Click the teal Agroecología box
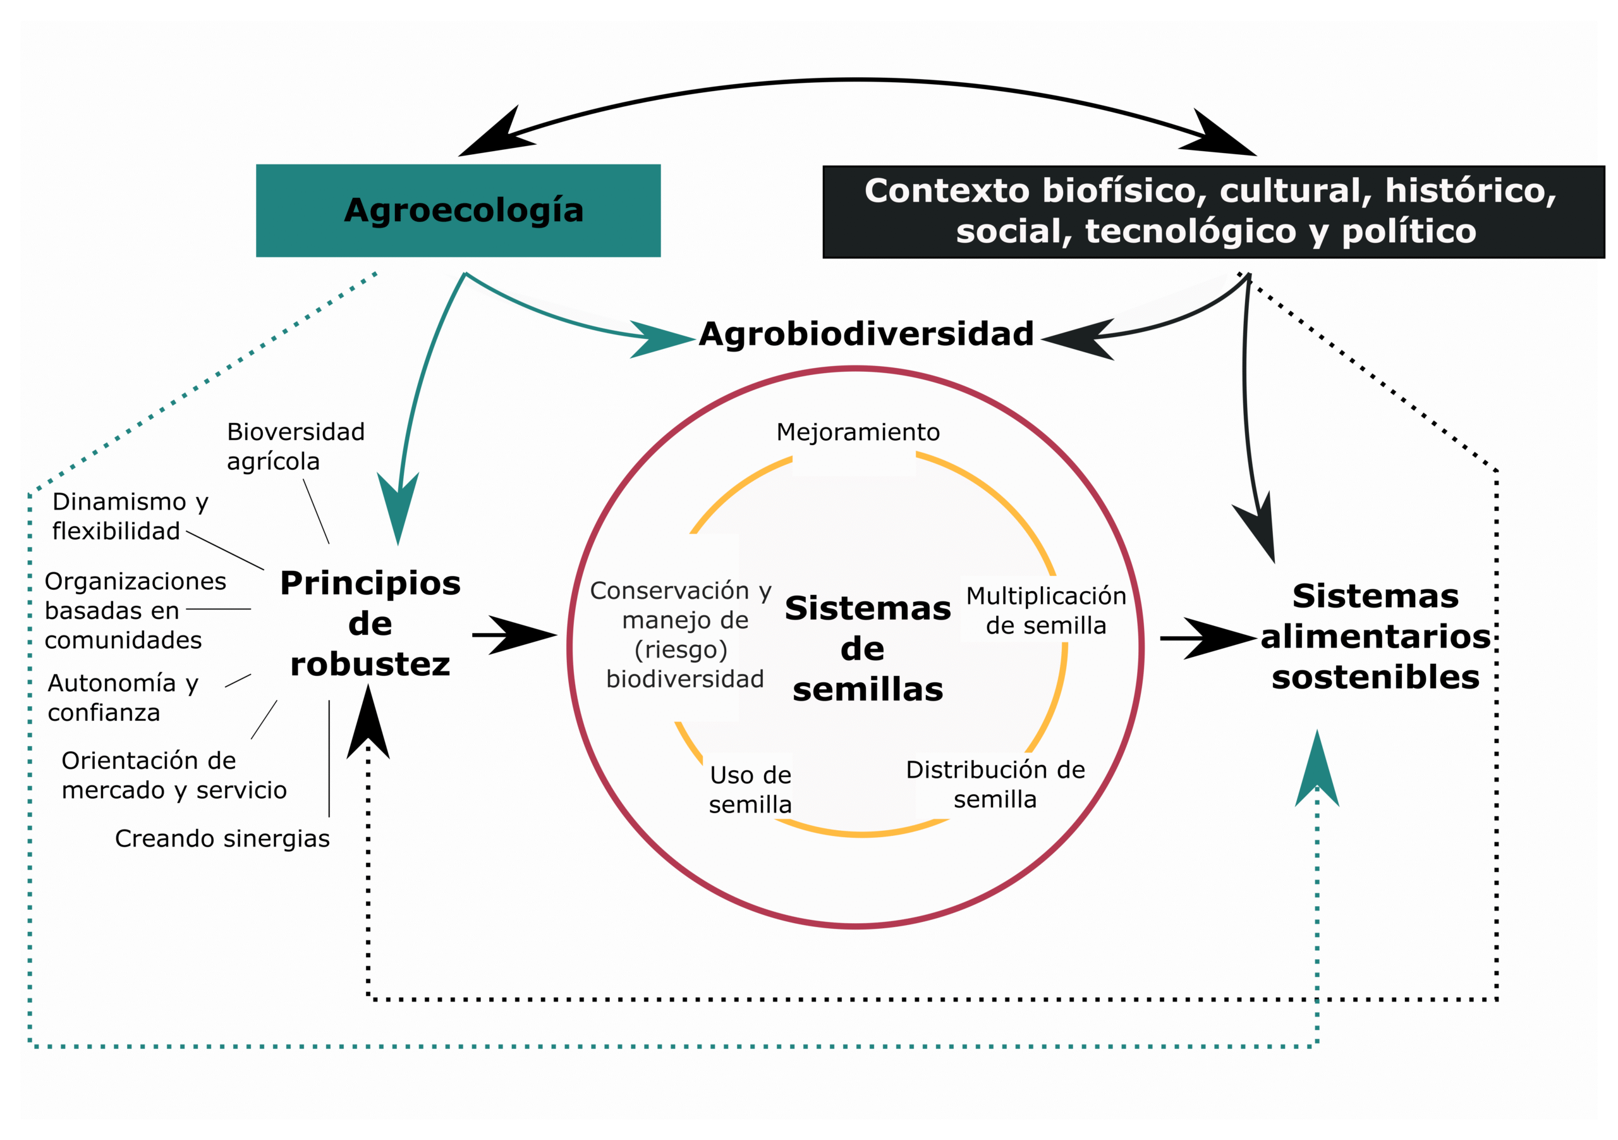458,210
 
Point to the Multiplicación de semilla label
1046,611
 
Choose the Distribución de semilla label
995,784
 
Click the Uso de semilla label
750,790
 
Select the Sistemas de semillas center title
867,649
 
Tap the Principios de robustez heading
370,623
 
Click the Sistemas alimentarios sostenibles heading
1375,637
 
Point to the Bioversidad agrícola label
295,446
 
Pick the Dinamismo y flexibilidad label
130,516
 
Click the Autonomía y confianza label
123,698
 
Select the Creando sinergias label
222,838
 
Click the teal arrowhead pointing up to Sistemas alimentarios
1317,772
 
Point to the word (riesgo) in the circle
681,649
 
